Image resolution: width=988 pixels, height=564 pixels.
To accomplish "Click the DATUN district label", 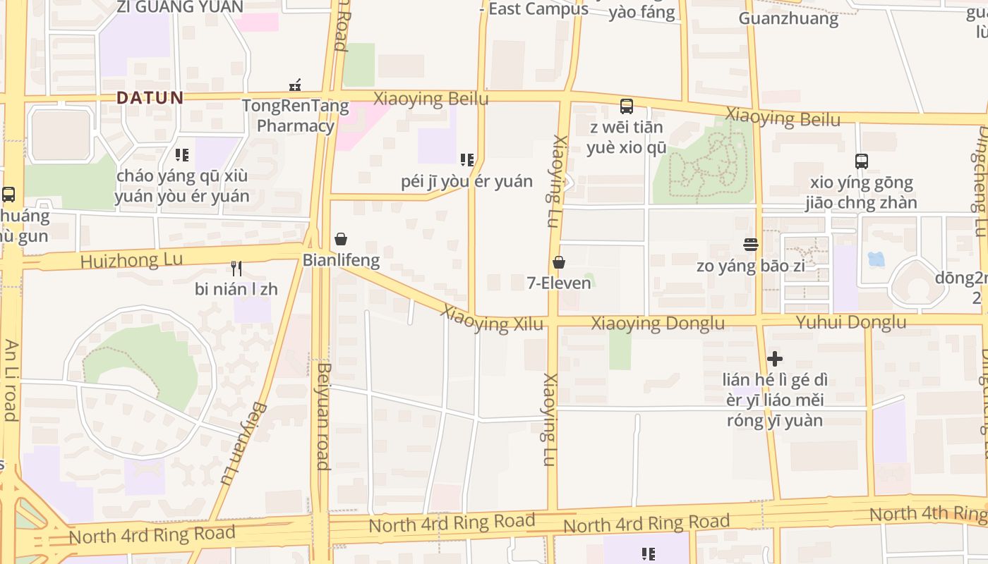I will pos(150,97).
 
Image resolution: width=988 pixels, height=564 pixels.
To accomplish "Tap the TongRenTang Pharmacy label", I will pos(295,116).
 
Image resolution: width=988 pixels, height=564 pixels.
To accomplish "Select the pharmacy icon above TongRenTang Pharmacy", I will pos(295,85).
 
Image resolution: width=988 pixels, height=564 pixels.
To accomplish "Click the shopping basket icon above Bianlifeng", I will pos(341,239).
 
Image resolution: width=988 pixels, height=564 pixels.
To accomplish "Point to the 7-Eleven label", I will pos(559,283).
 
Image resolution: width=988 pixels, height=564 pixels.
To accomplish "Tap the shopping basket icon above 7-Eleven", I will pos(559,262).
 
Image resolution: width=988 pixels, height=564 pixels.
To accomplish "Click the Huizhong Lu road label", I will pos(131,260).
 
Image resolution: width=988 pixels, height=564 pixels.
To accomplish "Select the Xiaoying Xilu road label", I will pos(493,319).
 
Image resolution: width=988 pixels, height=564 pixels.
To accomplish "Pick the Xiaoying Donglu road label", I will pos(657,324).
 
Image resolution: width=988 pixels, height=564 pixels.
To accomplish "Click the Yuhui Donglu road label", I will pos(850,322).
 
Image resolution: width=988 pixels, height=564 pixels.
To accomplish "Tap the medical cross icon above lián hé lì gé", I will pos(775,359).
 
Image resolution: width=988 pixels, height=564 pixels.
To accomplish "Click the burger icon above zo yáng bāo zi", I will pos(751,245).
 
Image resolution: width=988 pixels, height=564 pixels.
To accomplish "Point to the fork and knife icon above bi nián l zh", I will pos(236,268).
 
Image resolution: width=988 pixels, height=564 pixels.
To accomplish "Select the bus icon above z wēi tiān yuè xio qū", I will pos(626,106).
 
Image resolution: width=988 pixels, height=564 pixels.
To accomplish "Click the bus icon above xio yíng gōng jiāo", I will pos(862,161).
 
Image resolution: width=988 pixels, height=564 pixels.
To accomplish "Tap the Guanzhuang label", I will pos(788,18).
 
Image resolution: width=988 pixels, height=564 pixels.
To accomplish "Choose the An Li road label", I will pos(11,380).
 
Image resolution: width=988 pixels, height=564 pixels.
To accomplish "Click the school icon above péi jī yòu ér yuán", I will pos(466,160).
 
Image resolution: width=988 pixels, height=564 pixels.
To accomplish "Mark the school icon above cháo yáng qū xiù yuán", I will pos(182,154).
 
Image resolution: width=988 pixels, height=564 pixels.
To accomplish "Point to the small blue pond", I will pos(876,259).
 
